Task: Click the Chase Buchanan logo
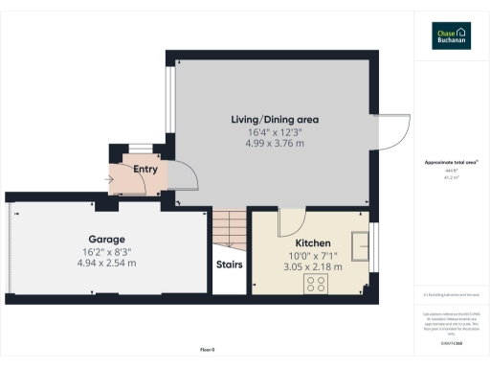click(451, 35)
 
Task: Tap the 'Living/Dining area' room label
click(275, 119)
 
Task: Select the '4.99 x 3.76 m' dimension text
click(275, 144)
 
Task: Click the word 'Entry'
click(145, 170)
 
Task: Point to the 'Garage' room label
click(107, 239)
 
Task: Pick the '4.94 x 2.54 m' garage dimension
click(107, 263)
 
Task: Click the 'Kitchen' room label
click(312, 243)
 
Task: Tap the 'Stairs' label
click(229, 264)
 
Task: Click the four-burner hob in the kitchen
click(316, 284)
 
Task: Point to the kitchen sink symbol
click(361, 246)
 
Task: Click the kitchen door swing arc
click(288, 222)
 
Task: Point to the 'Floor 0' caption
click(206, 350)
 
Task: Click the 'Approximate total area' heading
click(451, 163)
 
